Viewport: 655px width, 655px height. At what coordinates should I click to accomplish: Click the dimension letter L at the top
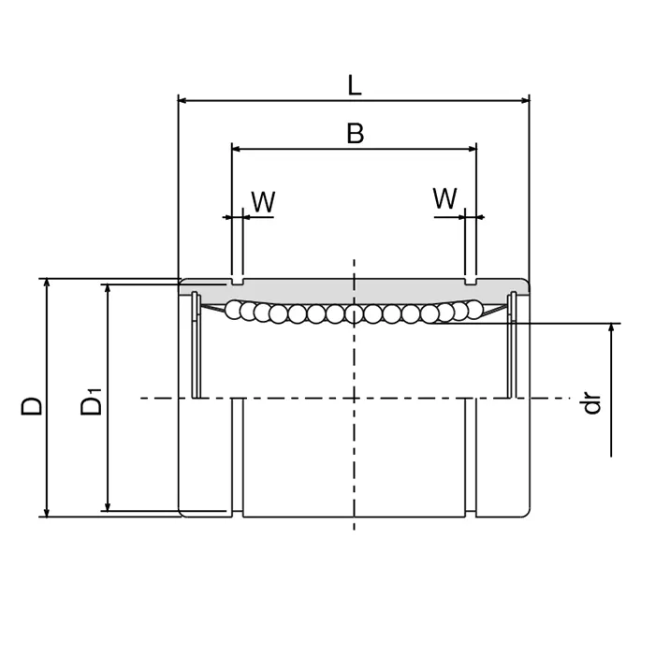coord(354,85)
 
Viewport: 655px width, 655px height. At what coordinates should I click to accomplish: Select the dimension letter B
coord(355,134)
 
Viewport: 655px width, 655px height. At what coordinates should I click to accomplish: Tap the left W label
coord(263,201)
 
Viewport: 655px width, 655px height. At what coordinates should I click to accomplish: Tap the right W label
coord(445,198)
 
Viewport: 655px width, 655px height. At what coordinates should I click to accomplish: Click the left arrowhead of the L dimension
coord(183,99)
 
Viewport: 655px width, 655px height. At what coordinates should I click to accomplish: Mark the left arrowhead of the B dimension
coord(237,148)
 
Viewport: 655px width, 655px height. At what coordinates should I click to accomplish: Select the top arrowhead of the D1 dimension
coord(109,290)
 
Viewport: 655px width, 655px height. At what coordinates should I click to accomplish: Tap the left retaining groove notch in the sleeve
coord(237,280)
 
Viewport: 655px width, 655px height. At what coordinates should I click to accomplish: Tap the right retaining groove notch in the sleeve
coord(471,280)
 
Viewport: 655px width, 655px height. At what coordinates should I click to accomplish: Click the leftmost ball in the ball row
coord(233,308)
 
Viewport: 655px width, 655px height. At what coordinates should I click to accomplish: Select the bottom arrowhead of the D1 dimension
coord(109,506)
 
